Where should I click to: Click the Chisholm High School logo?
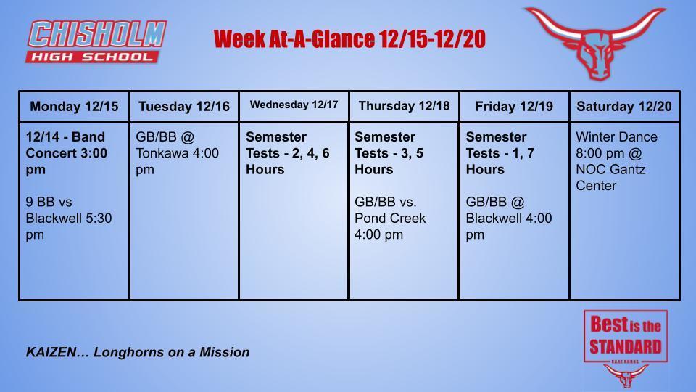coord(96,41)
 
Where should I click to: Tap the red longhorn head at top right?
coord(594,42)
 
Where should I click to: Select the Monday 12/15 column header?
coord(74,106)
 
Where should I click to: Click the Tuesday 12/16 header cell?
coord(184,106)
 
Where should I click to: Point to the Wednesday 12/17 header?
coord(294,105)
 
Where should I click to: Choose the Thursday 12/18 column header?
coord(404,106)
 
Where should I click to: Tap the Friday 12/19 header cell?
coord(514,106)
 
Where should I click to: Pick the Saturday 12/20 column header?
coord(624,106)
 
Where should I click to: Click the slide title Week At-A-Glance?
coord(349,39)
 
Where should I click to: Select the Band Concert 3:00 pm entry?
coord(66,153)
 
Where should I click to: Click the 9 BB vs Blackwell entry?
coord(68,218)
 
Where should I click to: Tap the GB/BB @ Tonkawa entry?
coord(177,153)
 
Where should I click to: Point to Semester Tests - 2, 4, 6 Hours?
coord(287,153)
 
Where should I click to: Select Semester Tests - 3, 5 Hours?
coord(389,153)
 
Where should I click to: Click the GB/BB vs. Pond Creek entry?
coord(390,218)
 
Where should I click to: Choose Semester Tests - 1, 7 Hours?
coord(500,153)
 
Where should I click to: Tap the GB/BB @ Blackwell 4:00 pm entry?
coord(508,218)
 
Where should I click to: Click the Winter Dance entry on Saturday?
coord(616,161)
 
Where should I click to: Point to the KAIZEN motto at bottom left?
coord(138,352)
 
